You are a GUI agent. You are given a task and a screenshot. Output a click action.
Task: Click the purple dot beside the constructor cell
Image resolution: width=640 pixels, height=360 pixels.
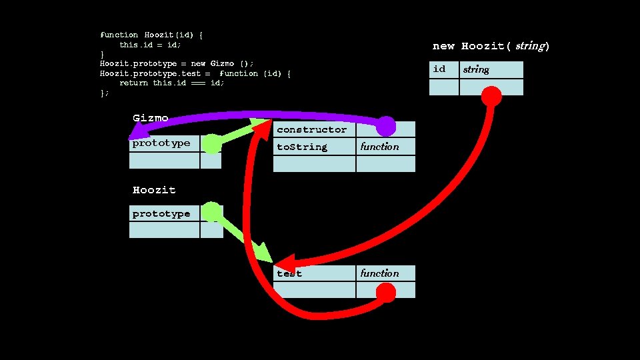(386, 126)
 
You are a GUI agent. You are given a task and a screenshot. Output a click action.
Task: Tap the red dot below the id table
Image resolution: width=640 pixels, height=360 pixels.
(491, 97)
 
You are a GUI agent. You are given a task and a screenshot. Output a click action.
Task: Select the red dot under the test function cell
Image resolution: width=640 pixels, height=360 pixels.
(385, 292)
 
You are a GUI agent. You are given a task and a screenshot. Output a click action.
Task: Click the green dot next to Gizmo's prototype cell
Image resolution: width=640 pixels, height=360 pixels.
(211, 143)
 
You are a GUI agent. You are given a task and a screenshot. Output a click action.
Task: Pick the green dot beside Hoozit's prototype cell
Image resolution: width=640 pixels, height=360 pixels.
(212, 213)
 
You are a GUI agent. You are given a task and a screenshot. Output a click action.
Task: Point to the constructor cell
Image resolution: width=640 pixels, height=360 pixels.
(314, 129)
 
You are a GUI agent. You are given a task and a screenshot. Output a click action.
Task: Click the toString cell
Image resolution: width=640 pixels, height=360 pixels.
(314, 147)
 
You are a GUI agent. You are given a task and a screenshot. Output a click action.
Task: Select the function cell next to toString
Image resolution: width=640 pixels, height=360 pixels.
(385, 147)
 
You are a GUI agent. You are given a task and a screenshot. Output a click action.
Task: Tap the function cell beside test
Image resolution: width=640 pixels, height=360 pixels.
(385, 273)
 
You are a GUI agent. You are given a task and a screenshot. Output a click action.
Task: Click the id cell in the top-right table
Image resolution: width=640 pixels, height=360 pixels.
(443, 69)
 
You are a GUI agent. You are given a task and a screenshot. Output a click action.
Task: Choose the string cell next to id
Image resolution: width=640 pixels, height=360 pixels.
(491, 69)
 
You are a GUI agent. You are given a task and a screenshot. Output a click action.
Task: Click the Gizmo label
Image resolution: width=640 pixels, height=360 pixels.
(150, 118)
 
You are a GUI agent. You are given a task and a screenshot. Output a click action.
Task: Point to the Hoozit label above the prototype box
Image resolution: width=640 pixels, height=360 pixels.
(154, 190)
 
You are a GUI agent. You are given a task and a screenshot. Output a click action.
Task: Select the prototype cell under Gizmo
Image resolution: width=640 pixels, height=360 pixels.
(164, 143)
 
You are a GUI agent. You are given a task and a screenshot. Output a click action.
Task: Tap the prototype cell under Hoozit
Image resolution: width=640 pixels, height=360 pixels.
(164, 213)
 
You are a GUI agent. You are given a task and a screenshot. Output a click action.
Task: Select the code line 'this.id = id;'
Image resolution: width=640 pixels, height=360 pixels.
(150, 45)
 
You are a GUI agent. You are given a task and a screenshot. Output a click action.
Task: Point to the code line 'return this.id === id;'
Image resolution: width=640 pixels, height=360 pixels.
(172, 83)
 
